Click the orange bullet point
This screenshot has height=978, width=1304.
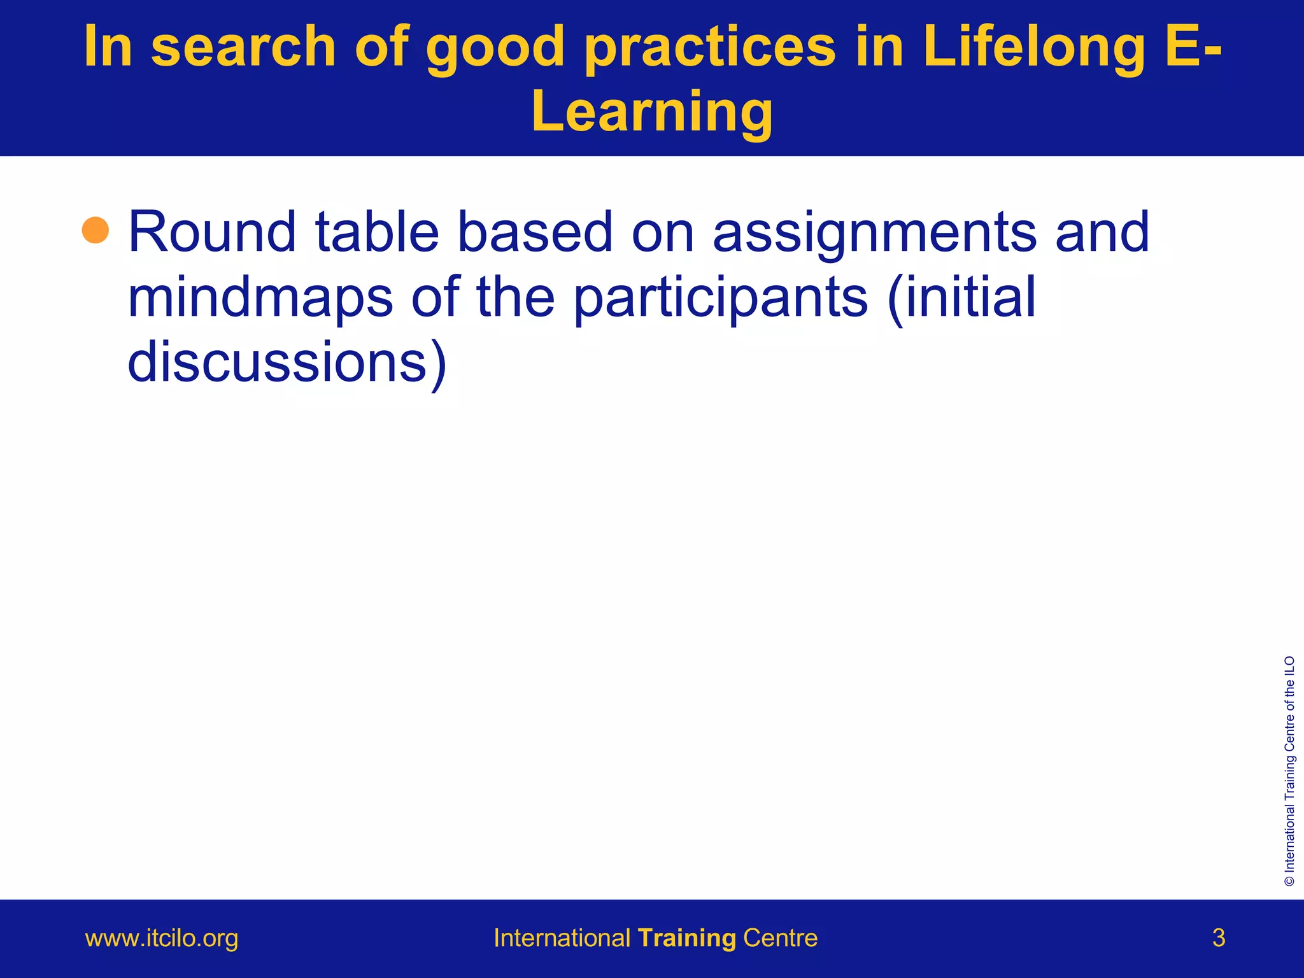96,230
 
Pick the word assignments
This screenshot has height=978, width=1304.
874,233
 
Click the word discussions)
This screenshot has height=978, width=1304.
287,362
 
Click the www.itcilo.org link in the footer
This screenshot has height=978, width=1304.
162,939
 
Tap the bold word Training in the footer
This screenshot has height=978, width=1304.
687,939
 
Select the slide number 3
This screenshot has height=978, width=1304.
1219,939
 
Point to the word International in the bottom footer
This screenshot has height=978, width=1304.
562,939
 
